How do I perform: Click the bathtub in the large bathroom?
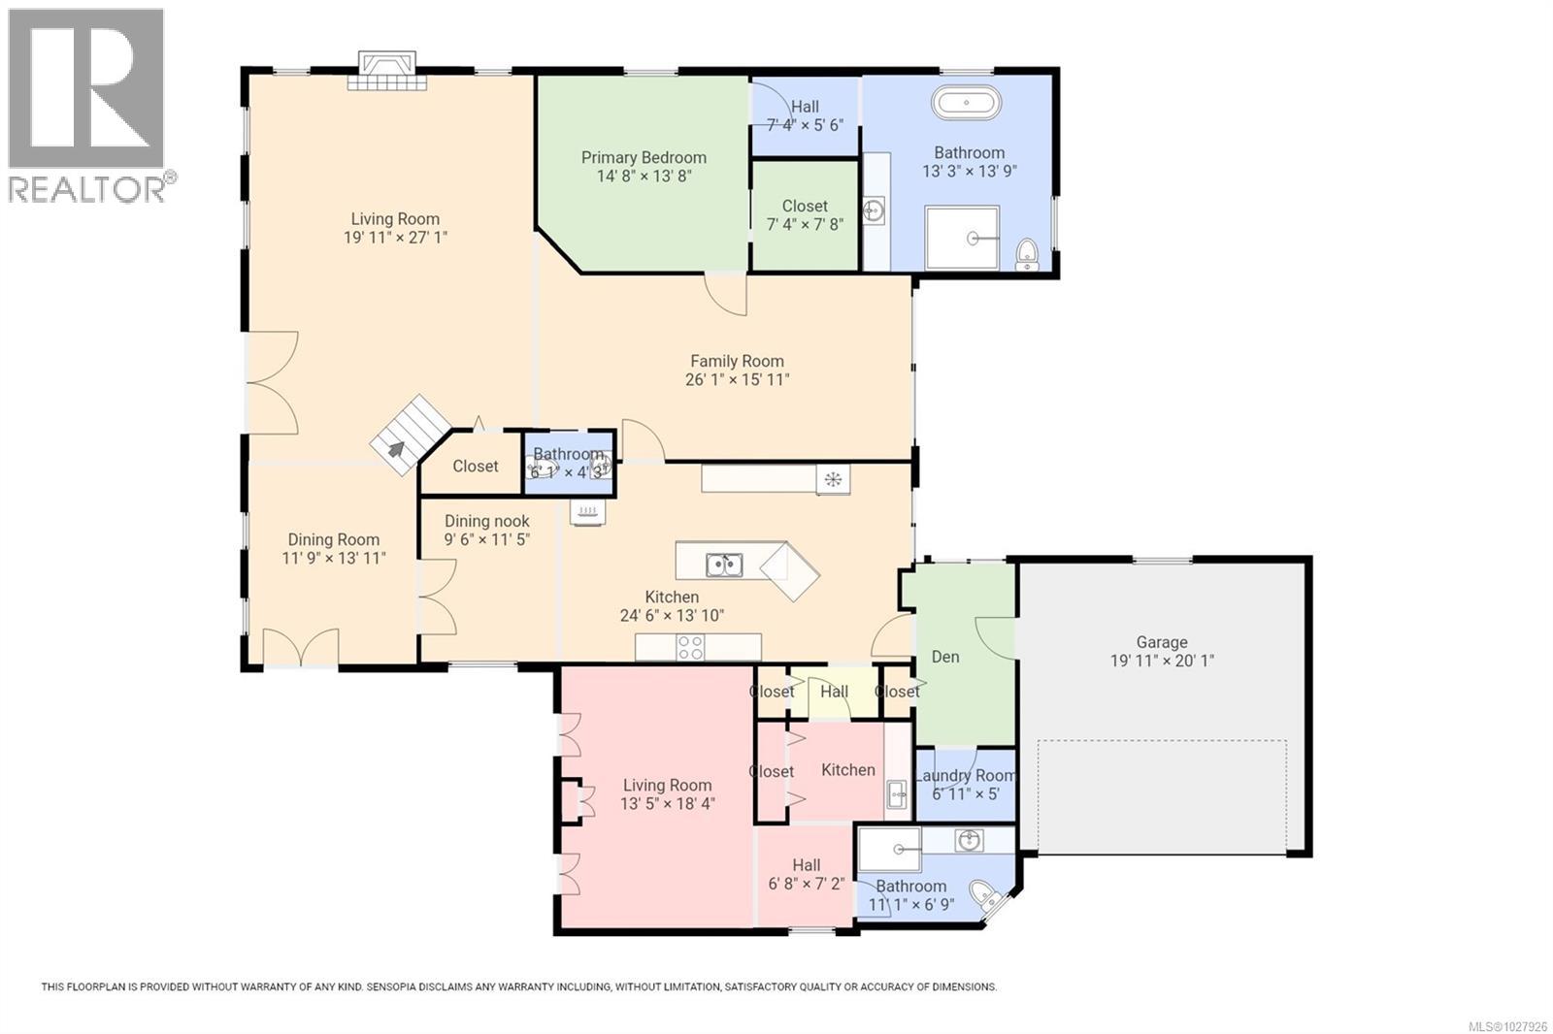pyautogui.click(x=965, y=103)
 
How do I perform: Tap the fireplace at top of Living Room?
pyautogui.click(x=387, y=73)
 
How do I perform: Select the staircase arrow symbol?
pyautogui.click(x=396, y=449)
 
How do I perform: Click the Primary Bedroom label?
pyautogui.click(x=644, y=157)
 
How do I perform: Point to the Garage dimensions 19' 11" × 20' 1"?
pyautogui.click(x=1162, y=661)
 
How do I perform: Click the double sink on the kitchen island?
pyautogui.click(x=723, y=564)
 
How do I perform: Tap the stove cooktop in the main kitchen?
pyautogui.click(x=690, y=647)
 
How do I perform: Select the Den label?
pyautogui.click(x=944, y=657)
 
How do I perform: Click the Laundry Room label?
pyautogui.click(x=965, y=775)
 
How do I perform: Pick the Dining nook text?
pyautogui.click(x=486, y=521)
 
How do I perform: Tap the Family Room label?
pyautogui.click(x=737, y=361)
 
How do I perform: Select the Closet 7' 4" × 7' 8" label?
pyautogui.click(x=805, y=206)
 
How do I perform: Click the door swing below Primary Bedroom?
pyautogui.click(x=727, y=294)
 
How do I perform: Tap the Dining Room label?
pyautogui.click(x=333, y=539)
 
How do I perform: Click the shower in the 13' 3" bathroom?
pyautogui.click(x=962, y=238)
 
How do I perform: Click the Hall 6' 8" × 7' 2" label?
pyautogui.click(x=806, y=865)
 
